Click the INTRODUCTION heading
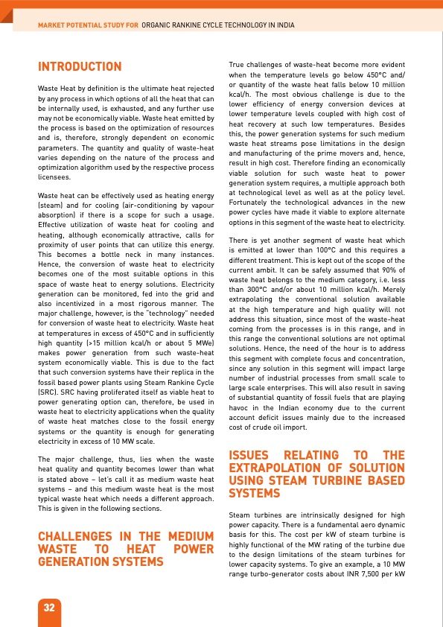tap(80, 68)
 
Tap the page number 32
tap(50, 607)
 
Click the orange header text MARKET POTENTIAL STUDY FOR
tap(89, 25)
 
